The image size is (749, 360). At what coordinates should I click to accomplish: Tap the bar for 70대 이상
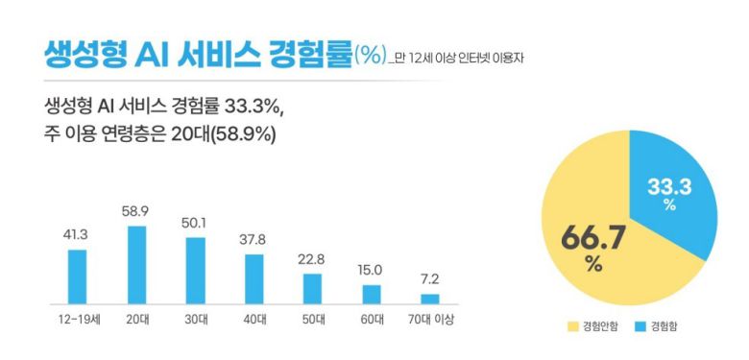pos(430,299)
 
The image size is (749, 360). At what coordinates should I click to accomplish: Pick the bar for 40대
pos(254,278)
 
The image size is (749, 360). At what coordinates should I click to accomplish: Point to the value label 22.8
pos(313,259)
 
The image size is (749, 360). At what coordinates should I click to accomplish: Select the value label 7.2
pos(430,279)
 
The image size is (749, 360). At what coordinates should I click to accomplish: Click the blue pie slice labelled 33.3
pos(671,197)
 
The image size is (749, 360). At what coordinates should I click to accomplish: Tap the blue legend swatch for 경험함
pos(639,327)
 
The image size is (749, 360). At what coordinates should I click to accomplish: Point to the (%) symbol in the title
pos(370,54)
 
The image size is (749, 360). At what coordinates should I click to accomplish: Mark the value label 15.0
pos(372,270)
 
